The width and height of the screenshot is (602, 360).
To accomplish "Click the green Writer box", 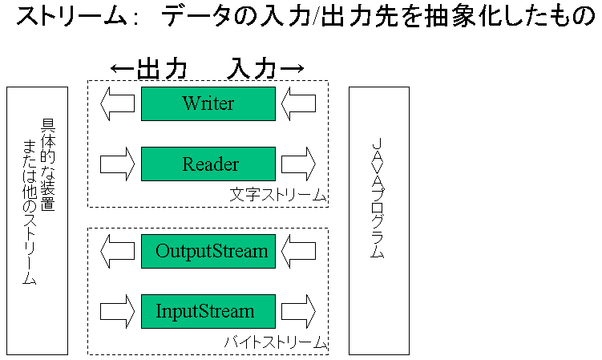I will click(x=208, y=103).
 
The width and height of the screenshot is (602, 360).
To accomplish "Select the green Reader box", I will click(x=208, y=164).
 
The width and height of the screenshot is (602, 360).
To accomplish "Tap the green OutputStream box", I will click(x=208, y=251).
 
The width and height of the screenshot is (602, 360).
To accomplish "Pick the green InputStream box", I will click(x=208, y=311).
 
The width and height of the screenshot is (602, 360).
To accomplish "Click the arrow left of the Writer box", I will click(x=117, y=103).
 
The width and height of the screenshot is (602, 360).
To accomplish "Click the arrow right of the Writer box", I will click(x=299, y=103).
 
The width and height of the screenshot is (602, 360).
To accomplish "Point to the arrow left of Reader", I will click(x=117, y=164).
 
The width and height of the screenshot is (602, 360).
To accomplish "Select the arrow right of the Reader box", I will click(x=299, y=164).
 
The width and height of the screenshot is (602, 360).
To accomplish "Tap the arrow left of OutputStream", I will click(x=117, y=251).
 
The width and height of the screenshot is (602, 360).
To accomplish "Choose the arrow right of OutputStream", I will click(x=299, y=251).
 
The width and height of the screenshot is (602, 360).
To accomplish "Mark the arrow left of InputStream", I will click(x=117, y=311).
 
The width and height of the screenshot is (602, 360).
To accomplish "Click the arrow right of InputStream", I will click(x=299, y=311).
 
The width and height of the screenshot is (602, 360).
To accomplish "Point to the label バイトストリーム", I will click(x=275, y=342).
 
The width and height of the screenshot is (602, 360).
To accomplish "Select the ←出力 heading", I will click(x=149, y=69).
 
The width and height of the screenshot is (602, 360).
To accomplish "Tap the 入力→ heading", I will click(x=265, y=69).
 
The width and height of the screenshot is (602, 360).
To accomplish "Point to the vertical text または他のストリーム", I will click(x=30, y=212).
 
